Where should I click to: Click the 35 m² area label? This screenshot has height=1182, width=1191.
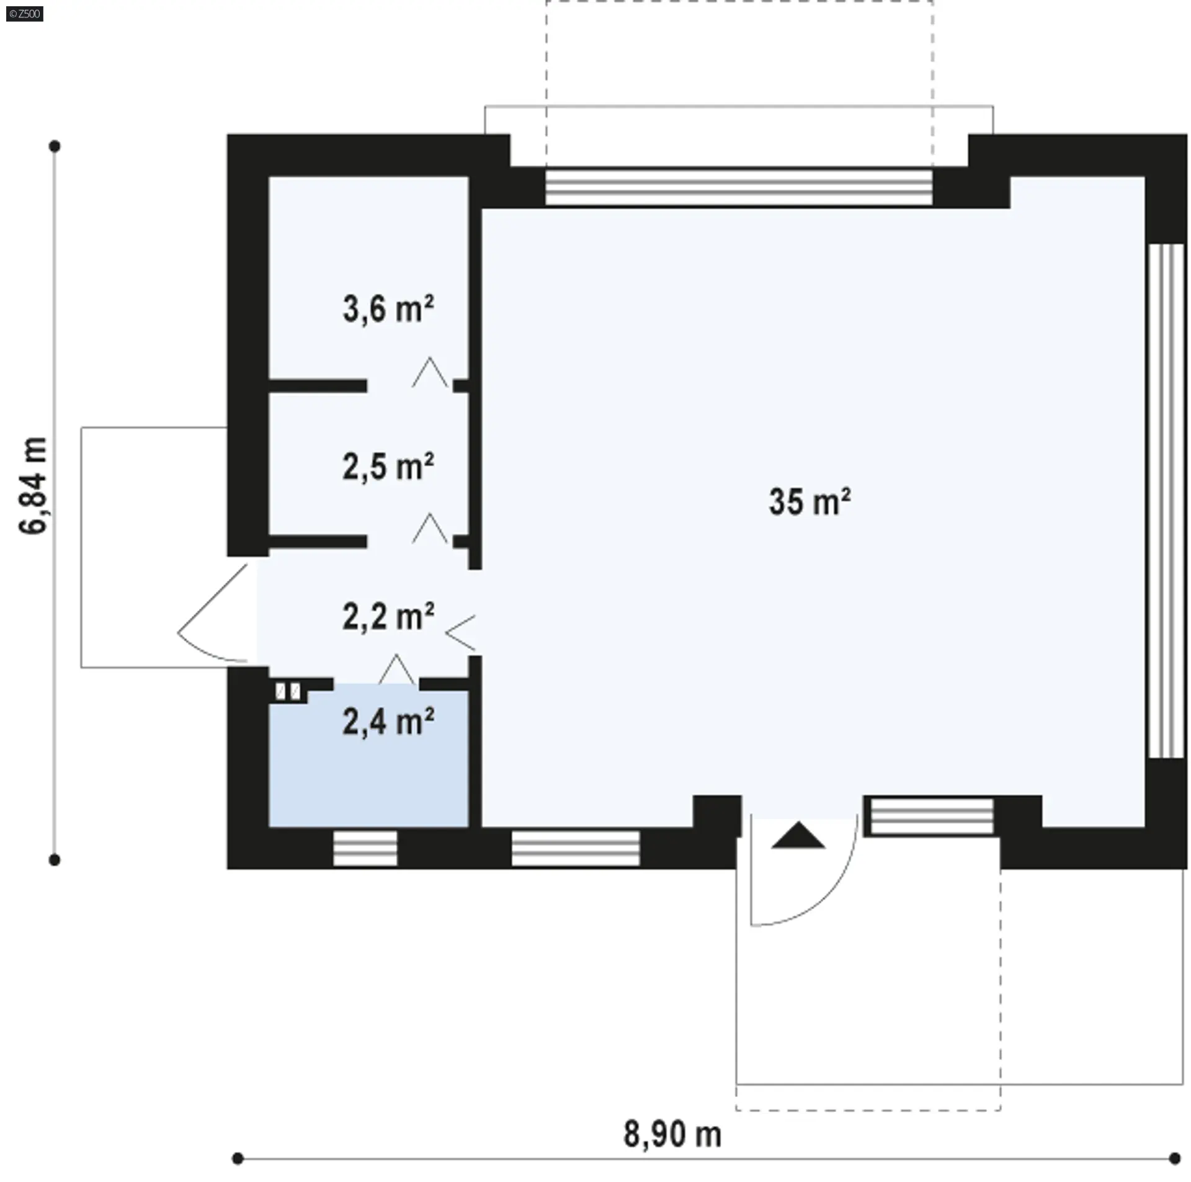point(810,501)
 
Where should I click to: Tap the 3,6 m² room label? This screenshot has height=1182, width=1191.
point(388,308)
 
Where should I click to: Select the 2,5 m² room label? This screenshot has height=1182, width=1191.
point(388,467)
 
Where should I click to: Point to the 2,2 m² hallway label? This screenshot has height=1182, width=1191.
point(388,617)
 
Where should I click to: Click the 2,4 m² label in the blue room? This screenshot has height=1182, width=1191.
point(388,722)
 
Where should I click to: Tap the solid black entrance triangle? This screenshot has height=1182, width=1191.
point(798,835)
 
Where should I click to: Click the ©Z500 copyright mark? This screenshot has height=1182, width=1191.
point(25,14)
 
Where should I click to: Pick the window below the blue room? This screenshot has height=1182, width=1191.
point(365,848)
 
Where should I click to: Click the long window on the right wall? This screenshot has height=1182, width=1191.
point(1167,501)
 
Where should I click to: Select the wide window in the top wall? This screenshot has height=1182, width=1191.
point(739,187)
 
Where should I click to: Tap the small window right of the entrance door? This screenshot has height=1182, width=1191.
point(932,816)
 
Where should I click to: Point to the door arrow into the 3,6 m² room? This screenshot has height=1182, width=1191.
point(430,372)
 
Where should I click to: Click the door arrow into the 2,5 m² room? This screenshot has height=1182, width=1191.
point(430,528)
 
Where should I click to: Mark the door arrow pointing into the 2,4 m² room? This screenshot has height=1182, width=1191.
point(396,669)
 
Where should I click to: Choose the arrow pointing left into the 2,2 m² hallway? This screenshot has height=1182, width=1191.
point(460,633)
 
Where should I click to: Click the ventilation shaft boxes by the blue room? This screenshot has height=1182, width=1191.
point(288,691)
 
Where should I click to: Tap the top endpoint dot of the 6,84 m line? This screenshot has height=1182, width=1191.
point(55,146)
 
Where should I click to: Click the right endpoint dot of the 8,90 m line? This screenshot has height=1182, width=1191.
point(1174,1158)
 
